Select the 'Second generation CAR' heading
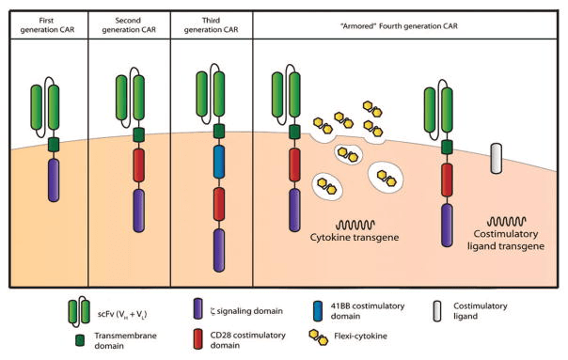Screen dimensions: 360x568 (129, 24)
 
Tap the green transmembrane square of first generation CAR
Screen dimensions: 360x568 (53, 145)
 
